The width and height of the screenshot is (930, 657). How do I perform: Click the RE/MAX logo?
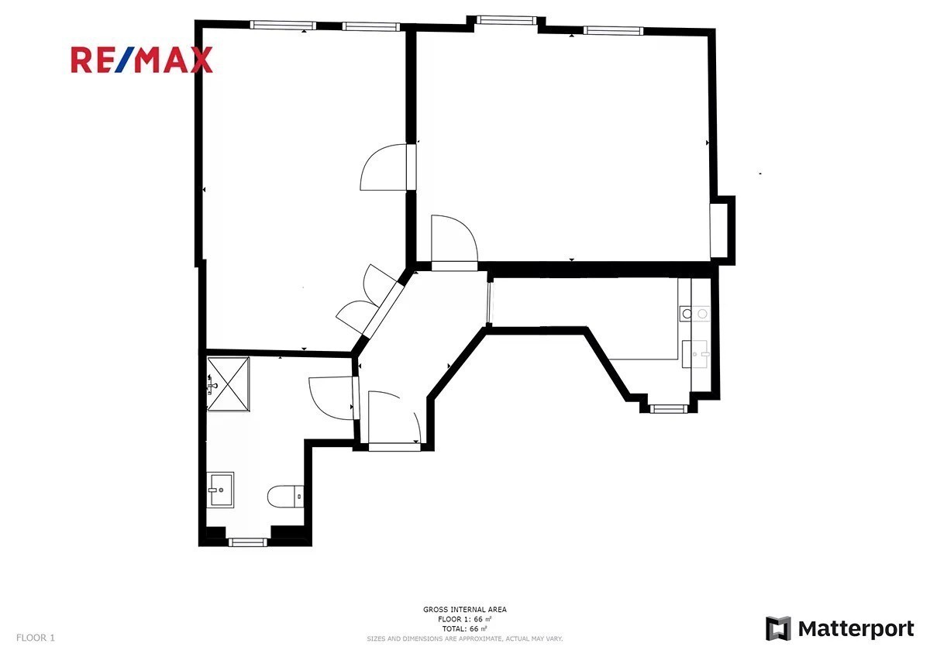(x=142, y=60)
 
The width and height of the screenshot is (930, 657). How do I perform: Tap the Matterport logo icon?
(x=778, y=629)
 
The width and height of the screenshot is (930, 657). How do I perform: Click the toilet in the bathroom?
(x=285, y=497)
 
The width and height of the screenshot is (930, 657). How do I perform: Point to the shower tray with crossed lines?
(x=228, y=384)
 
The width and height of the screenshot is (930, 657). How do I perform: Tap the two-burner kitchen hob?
(x=694, y=314)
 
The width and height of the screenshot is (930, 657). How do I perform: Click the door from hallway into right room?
(x=454, y=243)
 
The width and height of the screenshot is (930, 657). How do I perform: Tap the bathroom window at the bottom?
(x=248, y=542)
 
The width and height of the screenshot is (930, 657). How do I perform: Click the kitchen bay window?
(x=668, y=409)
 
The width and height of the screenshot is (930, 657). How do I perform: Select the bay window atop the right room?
(x=505, y=20)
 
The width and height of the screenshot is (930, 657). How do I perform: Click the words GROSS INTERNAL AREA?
(x=464, y=610)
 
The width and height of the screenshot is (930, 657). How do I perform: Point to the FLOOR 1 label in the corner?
(x=36, y=638)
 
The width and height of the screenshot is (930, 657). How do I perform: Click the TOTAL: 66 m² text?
(x=464, y=629)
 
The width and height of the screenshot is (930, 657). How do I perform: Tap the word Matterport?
(x=856, y=630)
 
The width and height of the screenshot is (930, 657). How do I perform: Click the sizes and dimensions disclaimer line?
(x=464, y=638)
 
